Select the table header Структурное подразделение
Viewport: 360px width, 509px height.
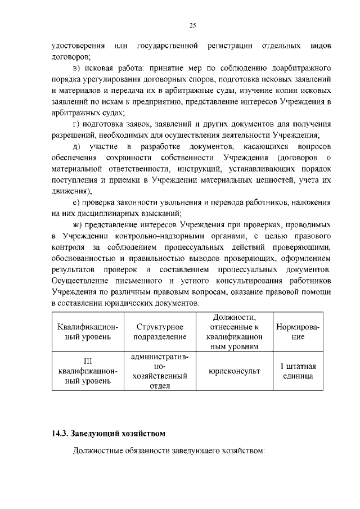tap(160, 331)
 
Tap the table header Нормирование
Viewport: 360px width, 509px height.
tap(298, 331)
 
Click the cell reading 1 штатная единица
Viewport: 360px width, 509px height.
tap(298, 371)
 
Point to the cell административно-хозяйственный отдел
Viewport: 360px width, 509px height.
tap(160, 371)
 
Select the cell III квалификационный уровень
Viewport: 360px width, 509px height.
tap(88, 371)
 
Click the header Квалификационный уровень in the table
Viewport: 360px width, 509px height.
tap(88, 331)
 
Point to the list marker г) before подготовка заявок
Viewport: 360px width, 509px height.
tap(78, 124)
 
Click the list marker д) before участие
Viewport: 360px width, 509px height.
tap(78, 146)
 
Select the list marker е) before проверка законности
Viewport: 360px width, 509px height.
tap(77, 202)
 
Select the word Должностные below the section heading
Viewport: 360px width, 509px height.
tap(101, 452)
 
